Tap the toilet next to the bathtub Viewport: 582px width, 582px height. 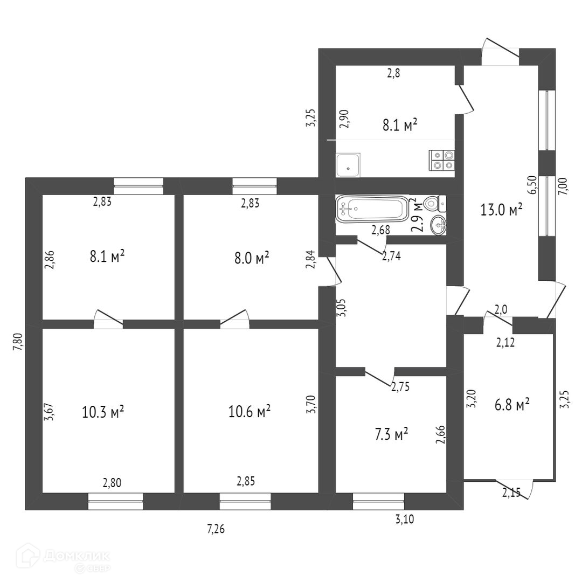pos(434,204)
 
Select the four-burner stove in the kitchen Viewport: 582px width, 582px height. pos(442,160)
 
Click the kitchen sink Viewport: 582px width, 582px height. pos(348,165)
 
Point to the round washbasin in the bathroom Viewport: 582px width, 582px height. pos(439,225)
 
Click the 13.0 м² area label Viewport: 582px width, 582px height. pos(501,210)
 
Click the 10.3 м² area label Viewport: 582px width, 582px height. pos(103,412)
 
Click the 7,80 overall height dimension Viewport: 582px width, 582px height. pos(17,342)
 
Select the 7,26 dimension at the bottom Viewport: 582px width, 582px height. pos(216,529)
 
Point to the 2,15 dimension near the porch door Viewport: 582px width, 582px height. pos(511,491)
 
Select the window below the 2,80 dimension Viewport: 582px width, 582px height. pos(116,501)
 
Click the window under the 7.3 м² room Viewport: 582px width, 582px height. pos(378,501)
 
